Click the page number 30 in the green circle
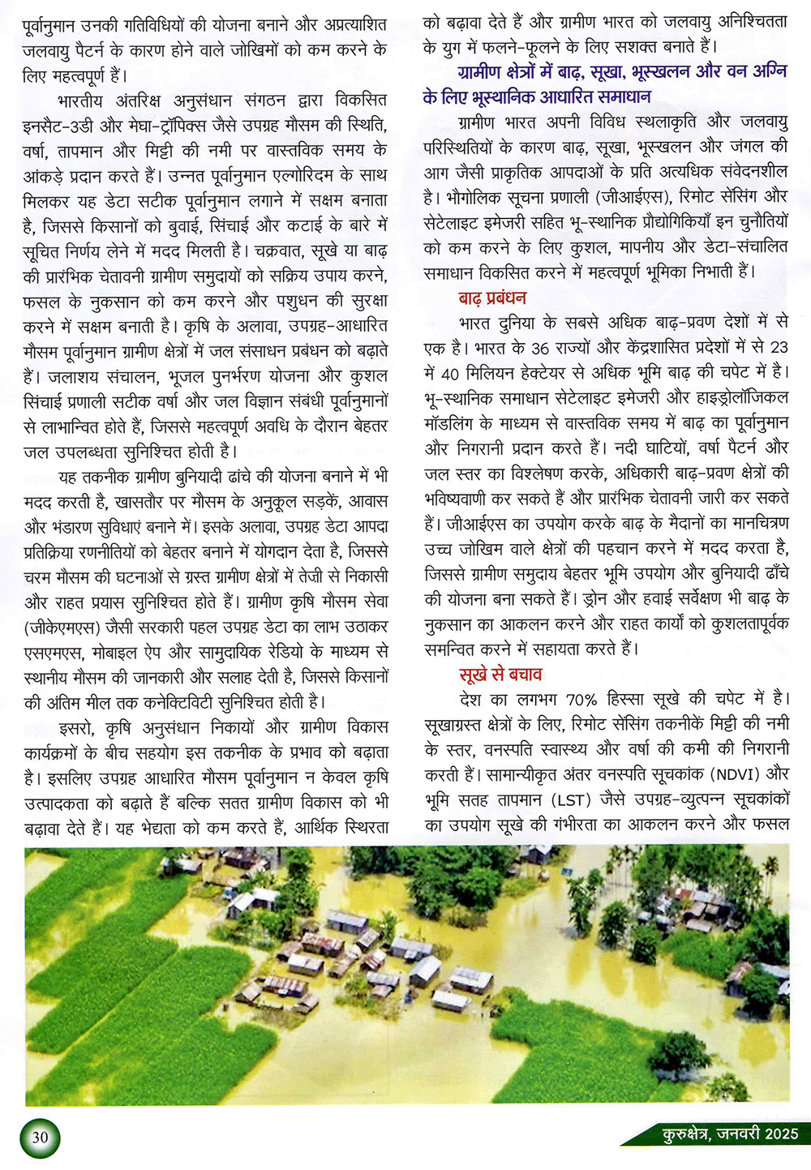click(x=40, y=1137)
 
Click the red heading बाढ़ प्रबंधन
click(x=492, y=298)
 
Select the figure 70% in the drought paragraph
click(x=581, y=699)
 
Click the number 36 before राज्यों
click(x=540, y=348)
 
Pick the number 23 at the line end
click(x=779, y=348)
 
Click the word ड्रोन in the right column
click(x=607, y=598)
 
